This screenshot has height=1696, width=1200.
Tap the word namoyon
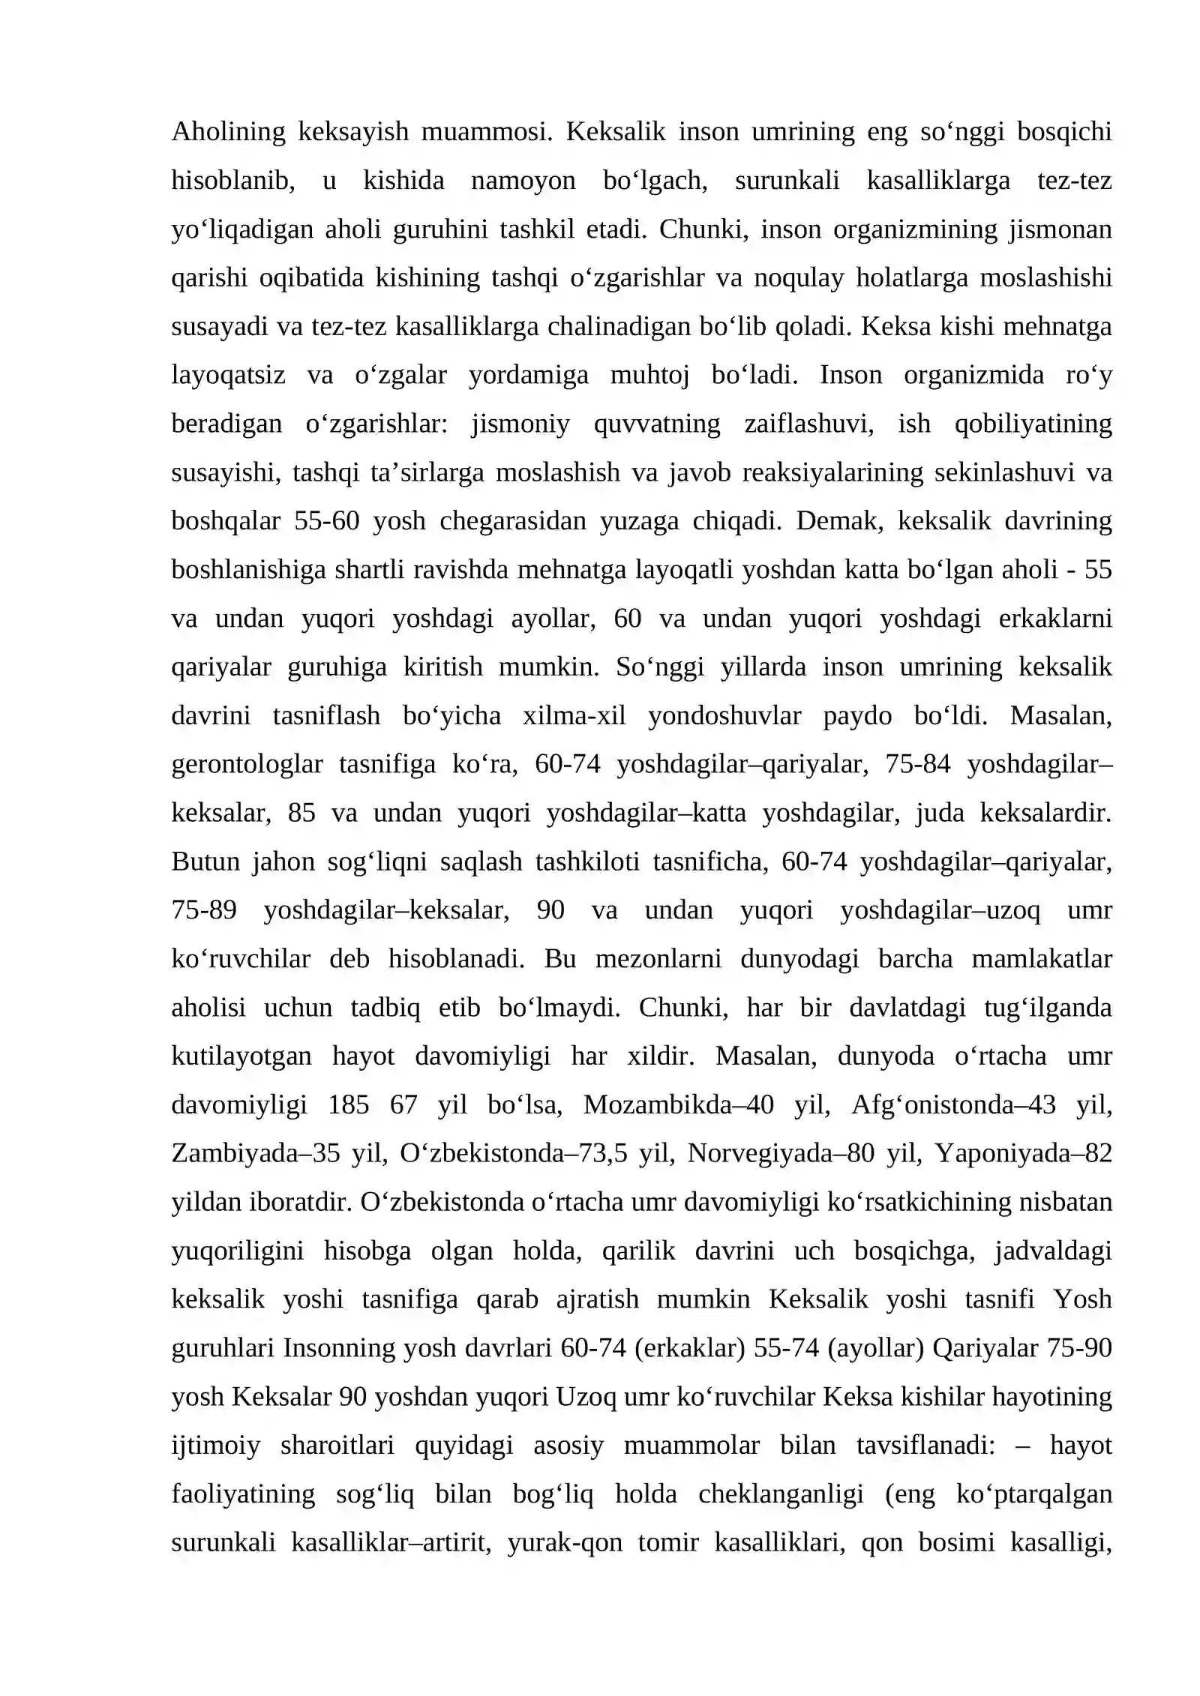[523, 181]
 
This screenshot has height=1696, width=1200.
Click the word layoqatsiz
[228, 375]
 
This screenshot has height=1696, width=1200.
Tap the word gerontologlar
[247, 764]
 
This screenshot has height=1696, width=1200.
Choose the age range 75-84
[917, 764]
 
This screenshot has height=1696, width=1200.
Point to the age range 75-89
[204, 910]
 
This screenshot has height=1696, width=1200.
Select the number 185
[349, 1104]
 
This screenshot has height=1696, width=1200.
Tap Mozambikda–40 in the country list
[678, 1104]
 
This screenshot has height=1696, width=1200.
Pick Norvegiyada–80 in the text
[780, 1153]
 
